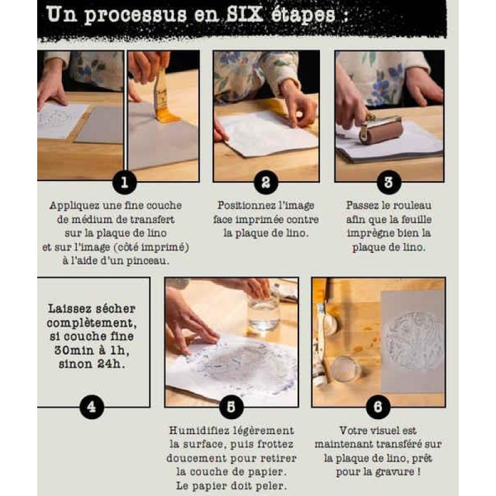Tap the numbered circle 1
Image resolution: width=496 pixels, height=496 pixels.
point(124,182)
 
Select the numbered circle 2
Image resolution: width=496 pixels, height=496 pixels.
point(265,182)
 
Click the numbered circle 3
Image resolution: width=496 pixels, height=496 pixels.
point(388,182)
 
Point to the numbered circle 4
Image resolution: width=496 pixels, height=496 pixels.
point(92,407)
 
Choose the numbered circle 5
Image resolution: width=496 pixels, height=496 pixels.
point(231,407)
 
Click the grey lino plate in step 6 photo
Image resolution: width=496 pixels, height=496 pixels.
point(412,341)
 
